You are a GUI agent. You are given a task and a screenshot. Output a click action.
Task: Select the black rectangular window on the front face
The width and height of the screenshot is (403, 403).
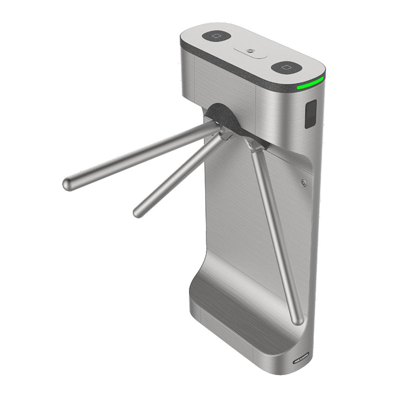point(311,114)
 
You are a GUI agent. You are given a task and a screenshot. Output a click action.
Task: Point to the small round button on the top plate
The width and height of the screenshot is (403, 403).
point(250,51)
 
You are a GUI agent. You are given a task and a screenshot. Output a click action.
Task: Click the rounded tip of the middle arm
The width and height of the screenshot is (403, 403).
point(138,212)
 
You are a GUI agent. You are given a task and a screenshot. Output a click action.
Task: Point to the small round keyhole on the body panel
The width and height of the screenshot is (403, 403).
point(303,183)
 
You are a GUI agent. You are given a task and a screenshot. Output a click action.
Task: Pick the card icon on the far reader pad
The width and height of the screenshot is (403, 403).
point(216,36)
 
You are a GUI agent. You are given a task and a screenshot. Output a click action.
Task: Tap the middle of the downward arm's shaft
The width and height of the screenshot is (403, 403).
point(275,232)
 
